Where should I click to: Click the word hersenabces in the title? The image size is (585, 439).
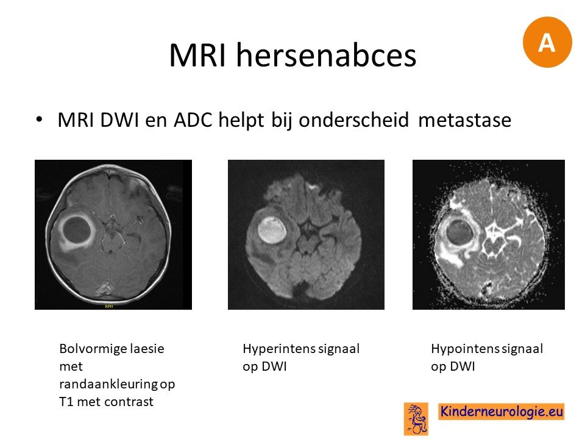[326, 55]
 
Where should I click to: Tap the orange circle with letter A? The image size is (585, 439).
[547, 42]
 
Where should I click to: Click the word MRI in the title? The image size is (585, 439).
[197, 55]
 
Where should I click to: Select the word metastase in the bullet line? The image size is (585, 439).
[464, 120]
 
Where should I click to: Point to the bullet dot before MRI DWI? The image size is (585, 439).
[39, 120]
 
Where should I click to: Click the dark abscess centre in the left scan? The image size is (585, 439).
[77, 230]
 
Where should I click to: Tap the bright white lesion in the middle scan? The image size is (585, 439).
[272, 230]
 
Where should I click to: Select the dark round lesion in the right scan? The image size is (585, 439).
[459, 232]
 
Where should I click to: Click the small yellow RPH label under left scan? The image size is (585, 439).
[109, 307]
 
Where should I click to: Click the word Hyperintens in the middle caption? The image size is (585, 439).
[274, 349]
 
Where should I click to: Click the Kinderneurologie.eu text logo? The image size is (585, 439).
[501, 412]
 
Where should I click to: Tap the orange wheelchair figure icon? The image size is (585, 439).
[416, 419]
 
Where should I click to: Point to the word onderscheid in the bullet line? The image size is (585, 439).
[353, 120]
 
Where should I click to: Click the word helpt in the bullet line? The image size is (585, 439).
[241, 120]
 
